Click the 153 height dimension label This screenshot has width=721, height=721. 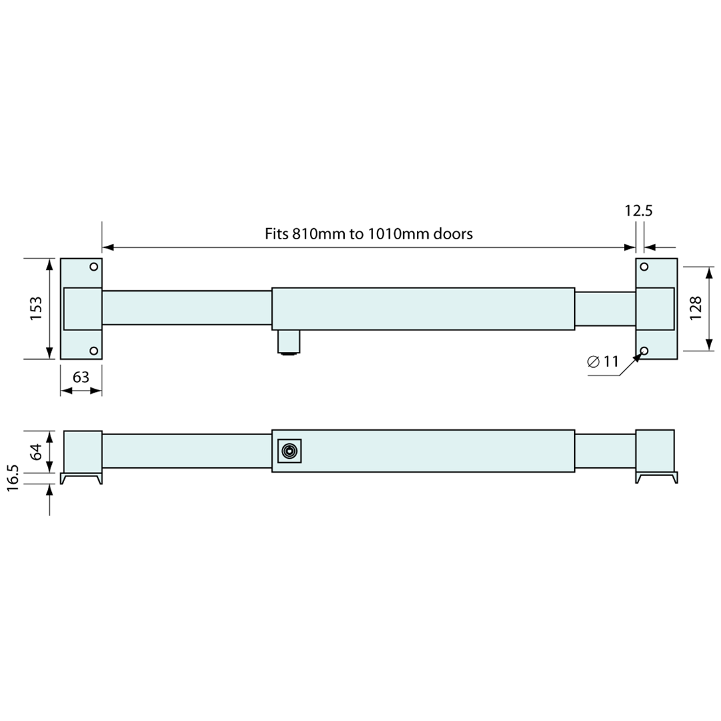pyautogui.click(x=36, y=309)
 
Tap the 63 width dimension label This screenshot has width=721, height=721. pyautogui.click(x=81, y=377)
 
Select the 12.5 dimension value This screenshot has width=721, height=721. pyautogui.click(x=638, y=210)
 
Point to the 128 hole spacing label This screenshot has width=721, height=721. pyautogui.click(x=695, y=308)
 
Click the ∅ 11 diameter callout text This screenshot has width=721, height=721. pyautogui.click(x=603, y=362)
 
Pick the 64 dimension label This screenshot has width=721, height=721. pyautogui.click(x=36, y=452)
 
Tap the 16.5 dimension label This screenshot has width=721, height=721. pyautogui.click(x=13, y=478)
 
